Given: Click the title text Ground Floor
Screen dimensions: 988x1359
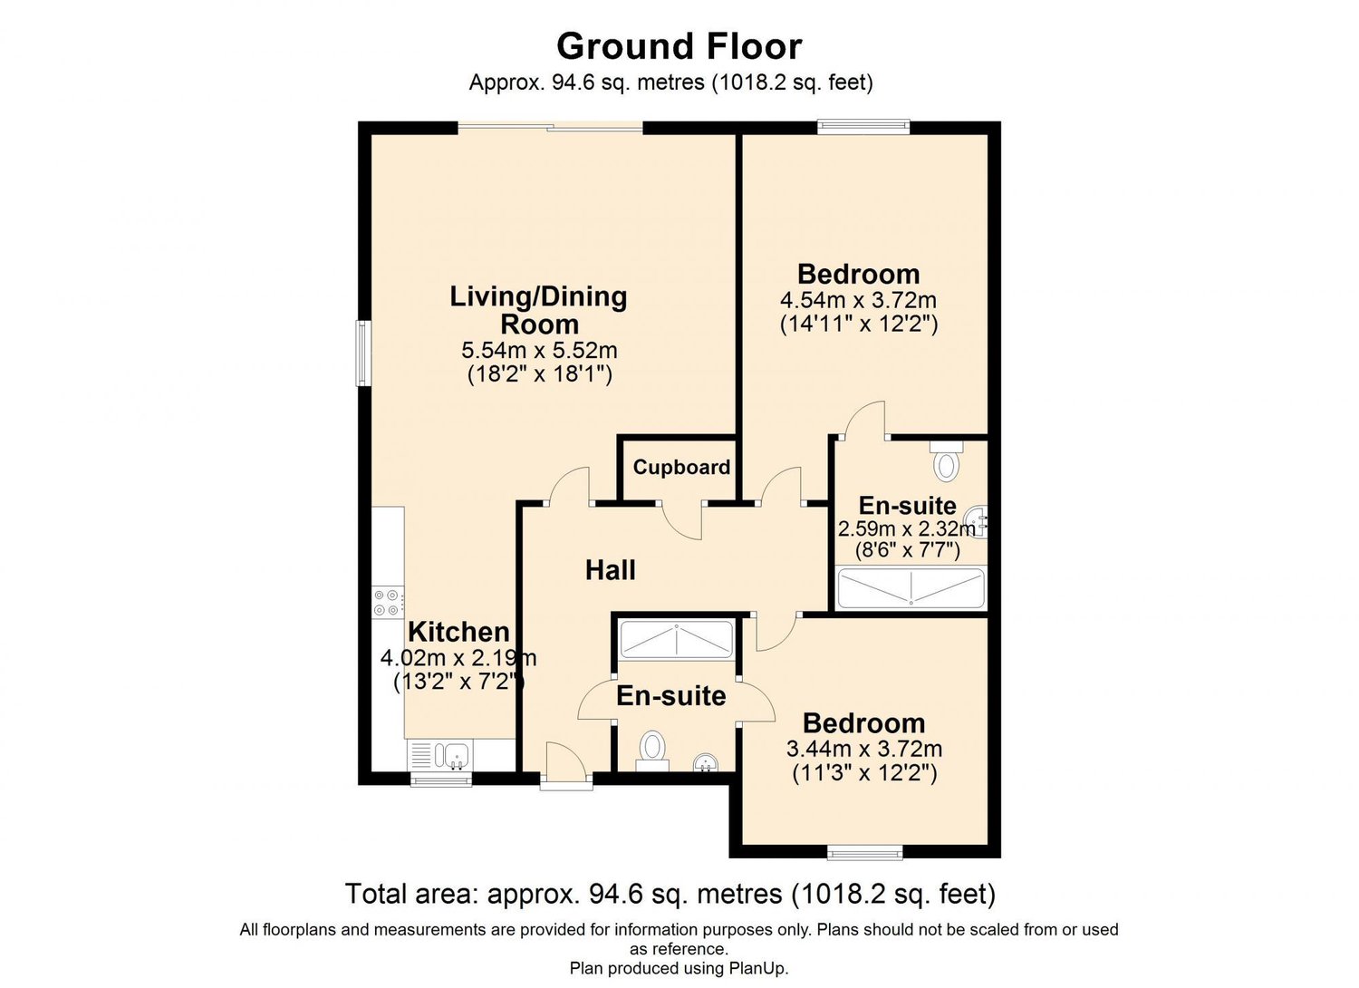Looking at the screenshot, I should [679, 46].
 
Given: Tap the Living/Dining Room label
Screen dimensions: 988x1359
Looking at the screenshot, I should [539, 310].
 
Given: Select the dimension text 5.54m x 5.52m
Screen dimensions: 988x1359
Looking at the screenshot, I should [539, 350].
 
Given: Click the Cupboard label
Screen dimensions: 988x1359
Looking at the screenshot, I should [681, 467].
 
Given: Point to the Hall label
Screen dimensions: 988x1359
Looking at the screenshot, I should [610, 570].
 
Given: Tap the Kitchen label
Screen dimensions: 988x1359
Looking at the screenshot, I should [458, 632].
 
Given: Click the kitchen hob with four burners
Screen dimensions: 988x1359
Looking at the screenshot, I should [389, 603].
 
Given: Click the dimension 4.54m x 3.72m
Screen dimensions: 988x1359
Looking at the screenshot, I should [858, 300].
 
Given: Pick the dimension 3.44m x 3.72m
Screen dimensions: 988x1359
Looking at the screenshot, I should [863, 749].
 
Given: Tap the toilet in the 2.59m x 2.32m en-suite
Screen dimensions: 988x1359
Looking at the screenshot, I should [947, 462].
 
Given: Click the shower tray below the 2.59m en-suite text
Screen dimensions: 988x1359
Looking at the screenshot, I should [911, 588].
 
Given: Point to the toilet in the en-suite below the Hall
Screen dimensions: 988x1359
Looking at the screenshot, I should [652, 750].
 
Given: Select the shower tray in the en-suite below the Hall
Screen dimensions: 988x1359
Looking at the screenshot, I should [676, 640].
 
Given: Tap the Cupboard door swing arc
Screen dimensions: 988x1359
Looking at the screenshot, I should [682, 521].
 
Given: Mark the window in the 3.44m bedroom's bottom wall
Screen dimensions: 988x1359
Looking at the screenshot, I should [865, 852].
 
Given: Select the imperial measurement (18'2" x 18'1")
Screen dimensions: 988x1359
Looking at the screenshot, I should [539, 373].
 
